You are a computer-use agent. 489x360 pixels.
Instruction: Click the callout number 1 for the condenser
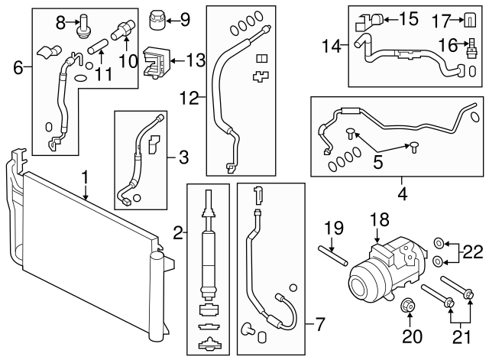pos(86,177)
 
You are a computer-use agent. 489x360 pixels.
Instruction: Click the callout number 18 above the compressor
pos(380,219)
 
